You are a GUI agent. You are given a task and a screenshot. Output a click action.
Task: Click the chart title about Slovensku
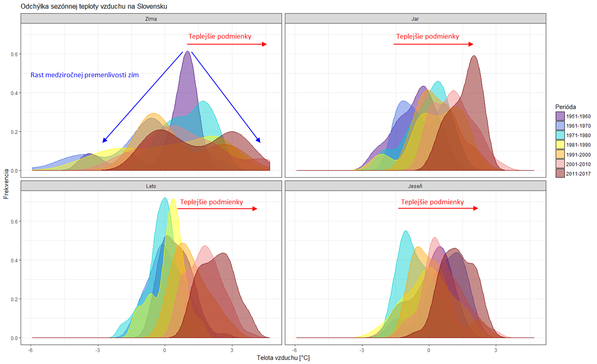point(94,6)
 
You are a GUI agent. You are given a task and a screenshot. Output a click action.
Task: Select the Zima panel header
point(151,19)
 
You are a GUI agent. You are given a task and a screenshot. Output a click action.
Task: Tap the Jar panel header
point(415,19)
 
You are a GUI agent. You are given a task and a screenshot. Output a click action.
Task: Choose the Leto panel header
point(151,186)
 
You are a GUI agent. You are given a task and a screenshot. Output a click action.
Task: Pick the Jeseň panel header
point(415,186)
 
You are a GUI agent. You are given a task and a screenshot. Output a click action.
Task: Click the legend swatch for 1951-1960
point(560,116)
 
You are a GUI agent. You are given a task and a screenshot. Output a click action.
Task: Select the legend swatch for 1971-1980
point(560,135)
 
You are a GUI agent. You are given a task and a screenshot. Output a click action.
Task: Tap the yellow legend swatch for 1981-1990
point(560,145)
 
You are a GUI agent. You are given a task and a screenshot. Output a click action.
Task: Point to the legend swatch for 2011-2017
point(560,174)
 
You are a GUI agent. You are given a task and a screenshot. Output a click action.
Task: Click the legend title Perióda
point(566,107)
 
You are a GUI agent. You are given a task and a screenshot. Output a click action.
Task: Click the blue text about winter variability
point(85,75)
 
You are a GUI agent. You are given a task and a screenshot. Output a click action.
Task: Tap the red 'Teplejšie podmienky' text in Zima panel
point(220,36)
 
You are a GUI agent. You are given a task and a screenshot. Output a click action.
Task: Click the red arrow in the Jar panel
point(433,44)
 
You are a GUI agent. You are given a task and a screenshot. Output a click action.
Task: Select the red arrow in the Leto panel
point(217,209)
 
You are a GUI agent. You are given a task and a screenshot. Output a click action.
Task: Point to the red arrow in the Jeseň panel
point(438,208)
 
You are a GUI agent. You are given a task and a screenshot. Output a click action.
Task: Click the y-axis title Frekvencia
point(6,184)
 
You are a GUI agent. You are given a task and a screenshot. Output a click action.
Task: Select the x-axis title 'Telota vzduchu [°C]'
point(283,358)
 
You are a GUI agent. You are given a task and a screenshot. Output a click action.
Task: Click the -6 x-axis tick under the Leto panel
point(30,350)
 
